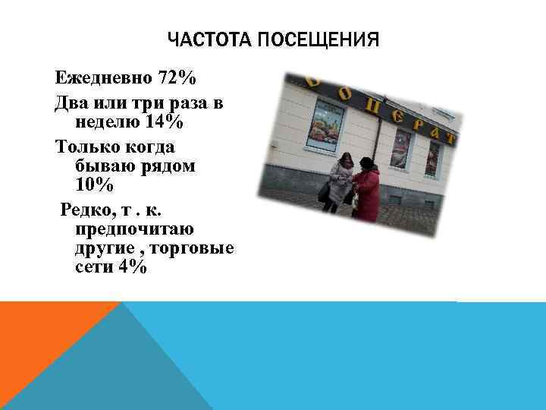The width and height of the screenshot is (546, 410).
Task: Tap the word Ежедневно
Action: tap(103, 78)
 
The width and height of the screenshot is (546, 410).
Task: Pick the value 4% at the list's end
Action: tap(132, 267)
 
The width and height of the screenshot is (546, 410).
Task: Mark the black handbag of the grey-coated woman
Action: tap(325, 194)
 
